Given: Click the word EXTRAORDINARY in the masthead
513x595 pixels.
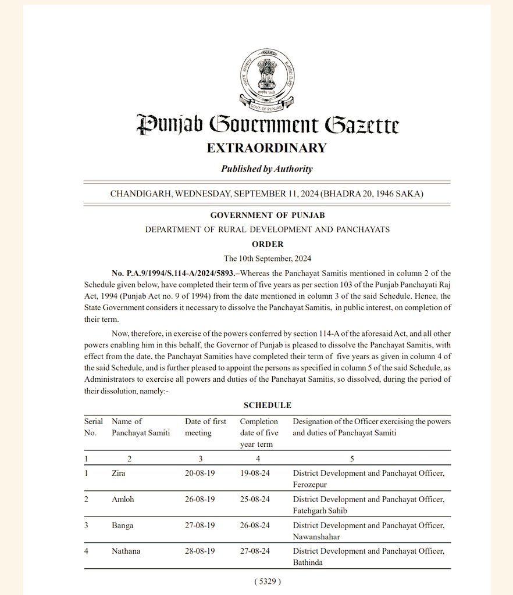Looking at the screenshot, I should pyautogui.click(x=267, y=148).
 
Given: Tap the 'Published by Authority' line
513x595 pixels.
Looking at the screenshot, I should pyautogui.click(x=267, y=169).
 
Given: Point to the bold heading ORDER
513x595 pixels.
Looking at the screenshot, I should pyautogui.click(x=268, y=244).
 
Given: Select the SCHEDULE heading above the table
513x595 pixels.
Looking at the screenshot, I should pyautogui.click(x=268, y=405).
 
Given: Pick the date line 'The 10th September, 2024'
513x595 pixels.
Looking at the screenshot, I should pyautogui.click(x=267, y=258).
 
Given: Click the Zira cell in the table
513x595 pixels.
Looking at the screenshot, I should pyautogui.click(x=118, y=474).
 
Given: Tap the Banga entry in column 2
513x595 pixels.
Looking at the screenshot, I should pyautogui.click(x=122, y=525).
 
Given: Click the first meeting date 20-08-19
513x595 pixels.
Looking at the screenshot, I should pyautogui.click(x=200, y=474).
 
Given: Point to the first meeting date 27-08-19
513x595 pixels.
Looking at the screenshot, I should pyautogui.click(x=200, y=525).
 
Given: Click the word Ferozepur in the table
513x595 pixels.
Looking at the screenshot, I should pyautogui.click(x=311, y=484).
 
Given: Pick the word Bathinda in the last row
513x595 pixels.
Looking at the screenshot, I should pyautogui.click(x=309, y=562).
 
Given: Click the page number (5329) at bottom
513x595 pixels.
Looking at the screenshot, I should pyautogui.click(x=268, y=581).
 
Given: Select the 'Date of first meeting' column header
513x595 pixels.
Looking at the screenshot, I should pyautogui.click(x=206, y=427).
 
